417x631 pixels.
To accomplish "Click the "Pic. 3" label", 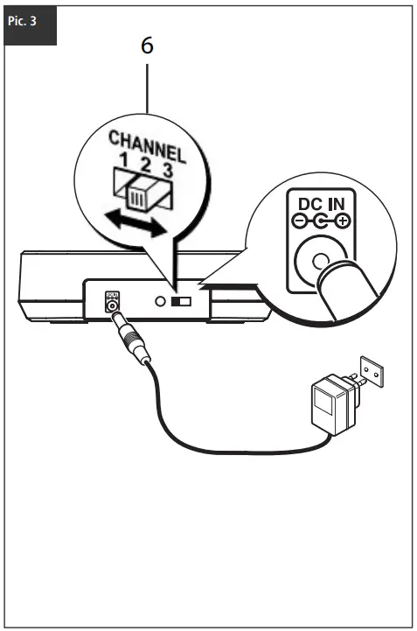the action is [x=22, y=21].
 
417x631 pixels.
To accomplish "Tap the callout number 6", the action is [x=147, y=46].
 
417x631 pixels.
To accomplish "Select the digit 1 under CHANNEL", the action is [x=124, y=160].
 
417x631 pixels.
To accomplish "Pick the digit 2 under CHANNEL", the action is [x=145, y=165].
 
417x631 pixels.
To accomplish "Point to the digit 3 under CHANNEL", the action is [x=167, y=171].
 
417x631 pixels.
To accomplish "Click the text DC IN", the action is [x=322, y=205].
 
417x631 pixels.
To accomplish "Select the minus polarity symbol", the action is [x=298, y=221].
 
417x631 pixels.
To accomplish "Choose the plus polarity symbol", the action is [x=343, y=221].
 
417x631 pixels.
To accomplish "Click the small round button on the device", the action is [x=160, y=300].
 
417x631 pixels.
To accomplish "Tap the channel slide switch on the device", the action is [x=181, y=301].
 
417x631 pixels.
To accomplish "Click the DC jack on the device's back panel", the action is [x=111, y=305].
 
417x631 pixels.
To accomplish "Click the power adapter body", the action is [x=334, y=404].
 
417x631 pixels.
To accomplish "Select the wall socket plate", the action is [x=372, y=371].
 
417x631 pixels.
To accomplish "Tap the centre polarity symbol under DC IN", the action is [x=321, y=221].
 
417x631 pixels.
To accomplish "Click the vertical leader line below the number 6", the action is [x=147, y=88].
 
